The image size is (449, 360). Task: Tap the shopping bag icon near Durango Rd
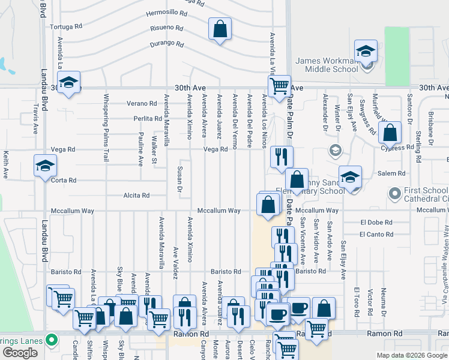coord(220,29)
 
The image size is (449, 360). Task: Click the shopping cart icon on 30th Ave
coord(279,86)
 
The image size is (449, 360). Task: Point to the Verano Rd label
coord(141,103)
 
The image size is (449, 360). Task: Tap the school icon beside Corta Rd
coord(46,166)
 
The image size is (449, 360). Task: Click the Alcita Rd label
coord(137,196)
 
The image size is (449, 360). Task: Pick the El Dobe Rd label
coord(376,222)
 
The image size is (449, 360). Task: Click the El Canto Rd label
coord(376,235)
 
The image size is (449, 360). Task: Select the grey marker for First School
coord(394,193)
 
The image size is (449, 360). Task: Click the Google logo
coord(20,353)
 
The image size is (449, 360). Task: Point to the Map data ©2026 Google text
coord(412,355)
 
